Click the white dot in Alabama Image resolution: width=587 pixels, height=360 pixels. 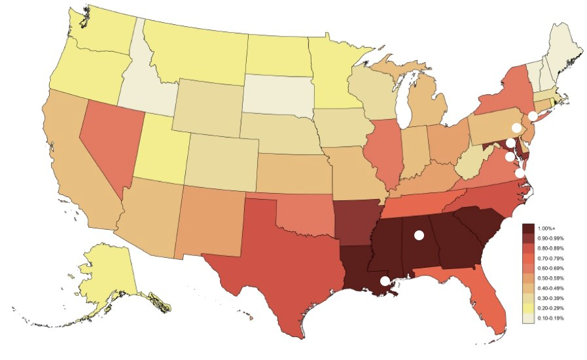[x=419, y=235]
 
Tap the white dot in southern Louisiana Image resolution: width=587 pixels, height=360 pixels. [x=385, y=281]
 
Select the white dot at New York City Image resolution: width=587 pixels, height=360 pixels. [x=533, y=115]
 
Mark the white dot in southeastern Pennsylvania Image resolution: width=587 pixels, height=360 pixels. [x=516, y=128]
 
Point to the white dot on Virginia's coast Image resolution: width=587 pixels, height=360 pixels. [x=520, y=173]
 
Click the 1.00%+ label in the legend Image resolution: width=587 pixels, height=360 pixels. [x=546, y=228]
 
